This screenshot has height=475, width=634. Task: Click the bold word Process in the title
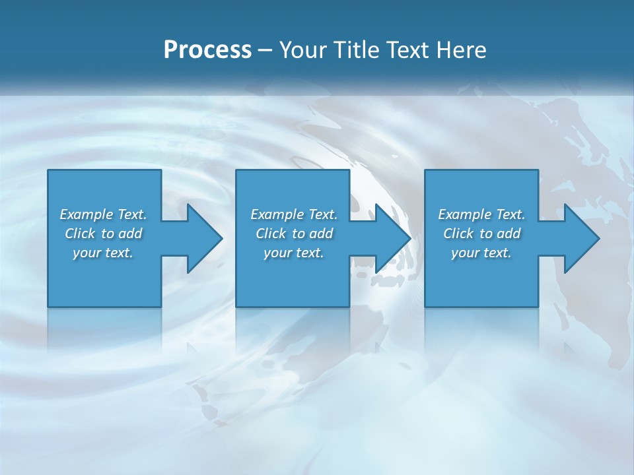click(x=207, y=50)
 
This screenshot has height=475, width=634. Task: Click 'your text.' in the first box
click(x=103, y=253)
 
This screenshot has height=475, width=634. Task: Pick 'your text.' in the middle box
click(x=294, y=253)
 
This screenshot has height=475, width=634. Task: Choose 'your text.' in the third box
click(x=481, y=253)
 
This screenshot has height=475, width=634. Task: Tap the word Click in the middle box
click(x=271, y=234)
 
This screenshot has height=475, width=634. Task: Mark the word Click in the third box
click(x=458, y=234)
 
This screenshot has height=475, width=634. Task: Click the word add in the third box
click(x=509, y=234)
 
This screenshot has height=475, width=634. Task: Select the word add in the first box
click(x=130, y=234)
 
